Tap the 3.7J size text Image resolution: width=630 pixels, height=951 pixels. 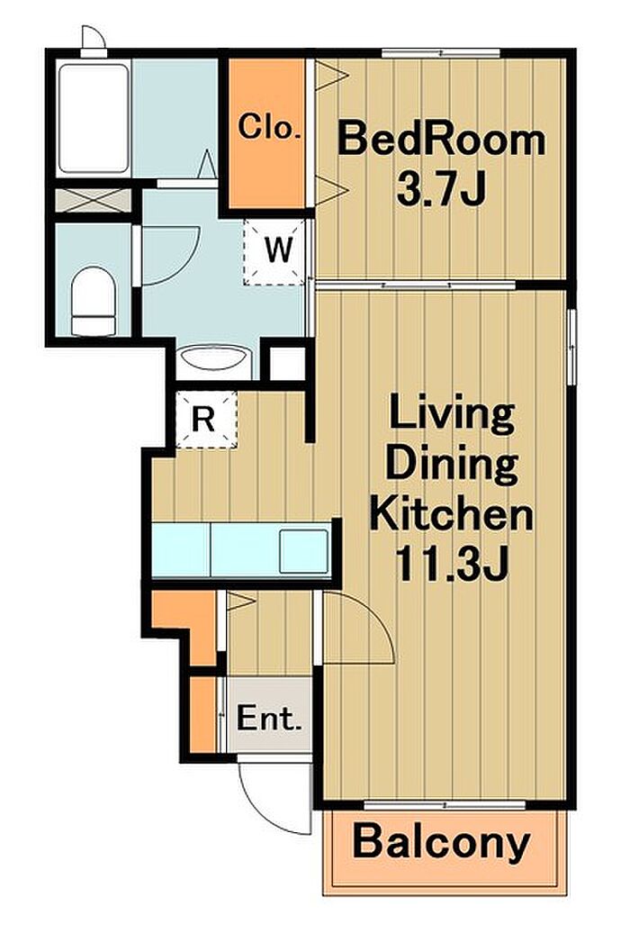(441, 188)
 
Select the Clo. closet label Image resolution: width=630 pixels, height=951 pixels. (269, 127)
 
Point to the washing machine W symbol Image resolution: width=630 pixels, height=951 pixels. (278, 249)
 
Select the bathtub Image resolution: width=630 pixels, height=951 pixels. (94, 119)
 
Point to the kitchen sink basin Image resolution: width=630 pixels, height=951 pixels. (304, 551)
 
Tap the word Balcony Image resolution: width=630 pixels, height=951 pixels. (441, 842)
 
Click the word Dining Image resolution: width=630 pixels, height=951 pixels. (452, 464)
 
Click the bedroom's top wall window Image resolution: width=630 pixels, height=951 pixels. (441, 53)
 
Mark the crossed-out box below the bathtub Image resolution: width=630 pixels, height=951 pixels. (94, 200)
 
